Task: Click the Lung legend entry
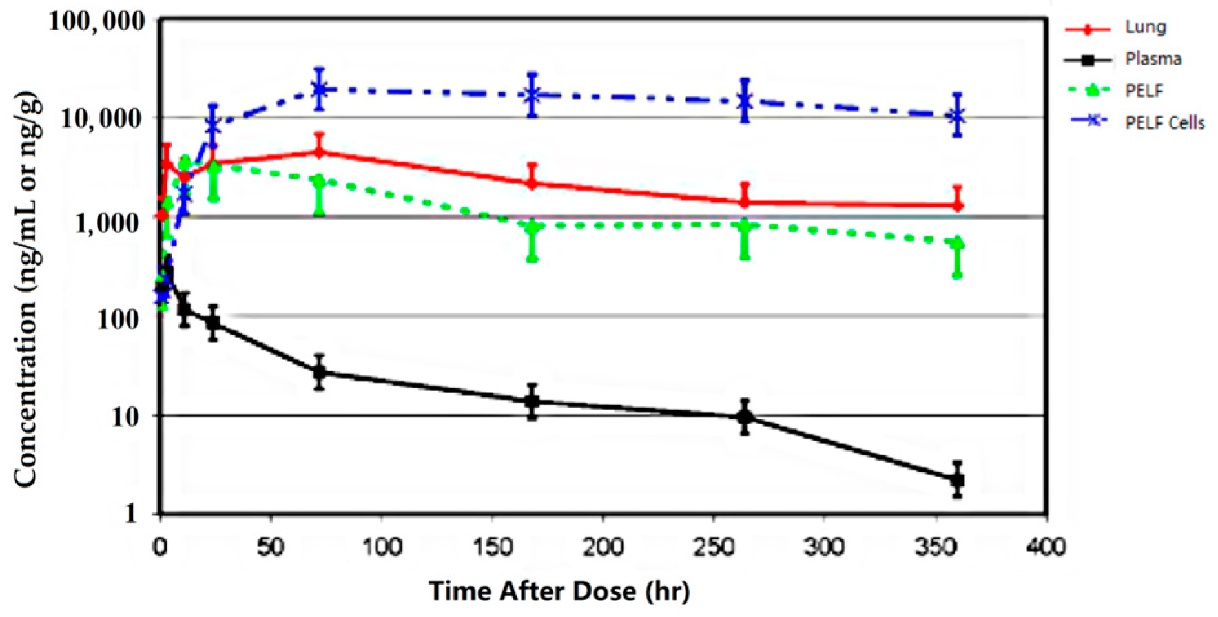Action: coord(1146,27)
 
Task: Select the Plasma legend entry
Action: coord(1153,59)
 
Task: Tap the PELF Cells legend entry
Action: coord(1164,122)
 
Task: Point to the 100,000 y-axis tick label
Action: coord(98,21)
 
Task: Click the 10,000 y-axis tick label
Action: coord(101,118)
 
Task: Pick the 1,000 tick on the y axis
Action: coord(107,223)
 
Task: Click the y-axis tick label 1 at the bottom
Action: coord(132,513)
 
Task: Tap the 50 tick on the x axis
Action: coord(270,547)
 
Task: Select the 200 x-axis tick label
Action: coord(603,547)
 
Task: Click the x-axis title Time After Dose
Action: coord(559,591)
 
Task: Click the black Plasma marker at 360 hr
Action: coord(958,480)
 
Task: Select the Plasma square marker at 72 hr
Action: coord(319,372)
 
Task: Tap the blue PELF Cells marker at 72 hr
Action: coord(319,89)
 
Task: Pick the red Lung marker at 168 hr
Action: coord(532,183)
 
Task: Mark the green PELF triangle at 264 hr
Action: coord(745,225)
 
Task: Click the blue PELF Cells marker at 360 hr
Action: coord(957,116)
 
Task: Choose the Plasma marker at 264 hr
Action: coord(745,417)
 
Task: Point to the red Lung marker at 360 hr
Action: coord(958,205)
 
